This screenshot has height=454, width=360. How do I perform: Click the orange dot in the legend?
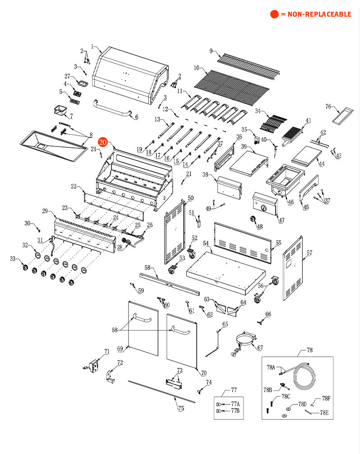coord(274,14)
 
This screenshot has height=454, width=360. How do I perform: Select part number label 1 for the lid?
coord(92,46)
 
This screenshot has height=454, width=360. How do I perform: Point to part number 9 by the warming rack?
coord(211,51)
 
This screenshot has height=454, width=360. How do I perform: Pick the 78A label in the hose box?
coord(271,367)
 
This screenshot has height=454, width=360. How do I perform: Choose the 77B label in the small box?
coord(235,411)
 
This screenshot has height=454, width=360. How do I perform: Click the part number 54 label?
coord(206,243)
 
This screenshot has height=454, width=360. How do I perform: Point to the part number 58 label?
coord(147,268)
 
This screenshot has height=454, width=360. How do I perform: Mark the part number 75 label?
coord(181,408)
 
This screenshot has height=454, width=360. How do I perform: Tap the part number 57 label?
coord(309,253)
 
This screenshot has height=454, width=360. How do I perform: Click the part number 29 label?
coord(45,211)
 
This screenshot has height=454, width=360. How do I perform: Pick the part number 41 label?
coord(308,121)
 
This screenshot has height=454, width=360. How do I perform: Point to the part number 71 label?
coord(107,351)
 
